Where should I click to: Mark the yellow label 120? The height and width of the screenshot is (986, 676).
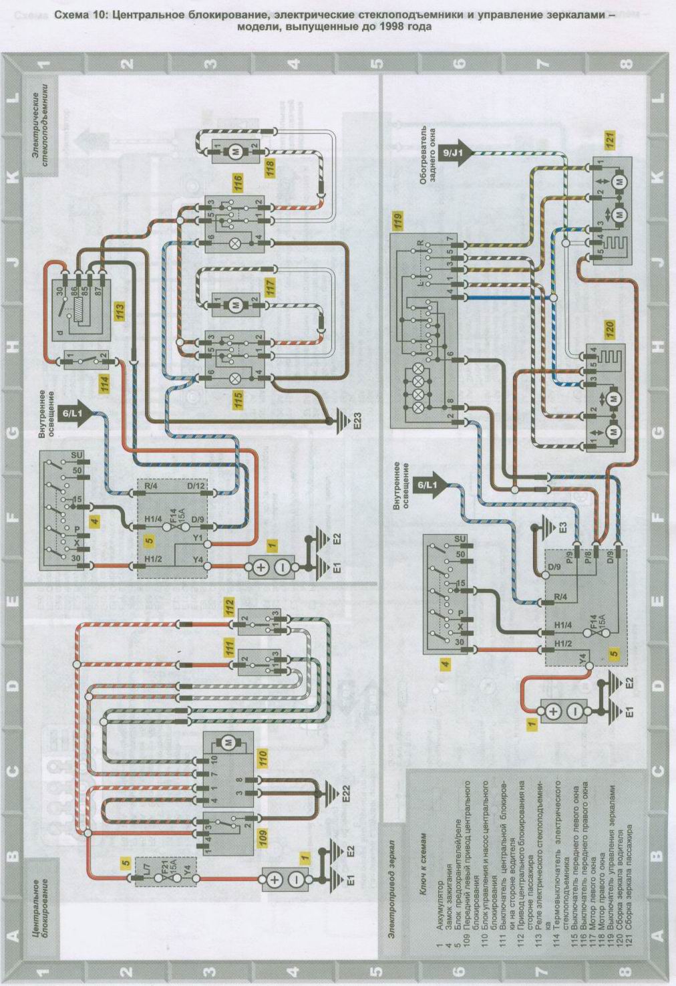[609, 332]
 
